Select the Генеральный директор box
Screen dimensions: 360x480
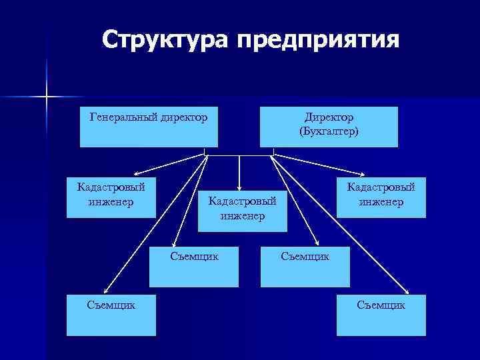tap(149, 127)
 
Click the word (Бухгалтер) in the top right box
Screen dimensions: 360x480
tap(329, 131)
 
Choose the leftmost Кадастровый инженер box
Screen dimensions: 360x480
tap(111, 197)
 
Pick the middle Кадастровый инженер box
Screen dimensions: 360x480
tap(243, 211)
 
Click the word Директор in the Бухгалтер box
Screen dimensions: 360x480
tap(329, 117)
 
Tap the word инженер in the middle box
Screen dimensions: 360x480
tap(243, 215)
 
